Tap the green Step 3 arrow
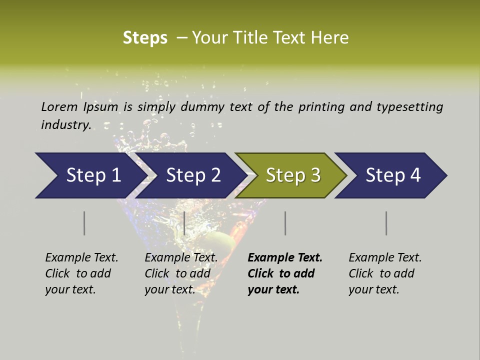[293, 175]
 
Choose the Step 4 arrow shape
[393, 175]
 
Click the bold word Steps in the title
[145, 38]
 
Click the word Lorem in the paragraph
[59, 106]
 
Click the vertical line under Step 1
[84, 223]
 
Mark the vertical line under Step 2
[184, 223]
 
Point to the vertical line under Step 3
[285, 223]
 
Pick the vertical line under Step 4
[386, 223]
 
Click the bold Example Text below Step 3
[285, 258]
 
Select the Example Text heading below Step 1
[81, 258]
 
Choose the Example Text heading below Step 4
[385, 258]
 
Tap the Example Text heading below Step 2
[181, 258]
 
